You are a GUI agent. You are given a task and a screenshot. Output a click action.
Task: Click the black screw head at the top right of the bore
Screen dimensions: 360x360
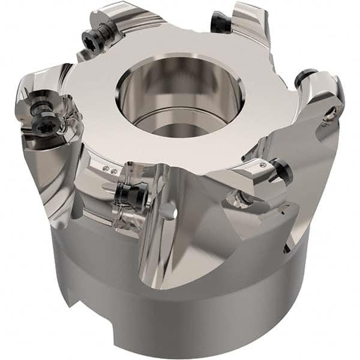(220, 22)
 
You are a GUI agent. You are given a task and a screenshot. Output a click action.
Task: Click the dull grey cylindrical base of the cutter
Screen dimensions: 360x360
(180, 312)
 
